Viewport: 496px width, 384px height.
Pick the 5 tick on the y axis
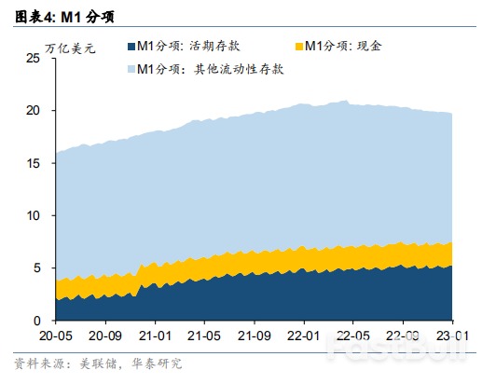36,267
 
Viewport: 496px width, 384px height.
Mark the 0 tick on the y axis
36,321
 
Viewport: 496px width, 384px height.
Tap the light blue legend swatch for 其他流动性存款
130,69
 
